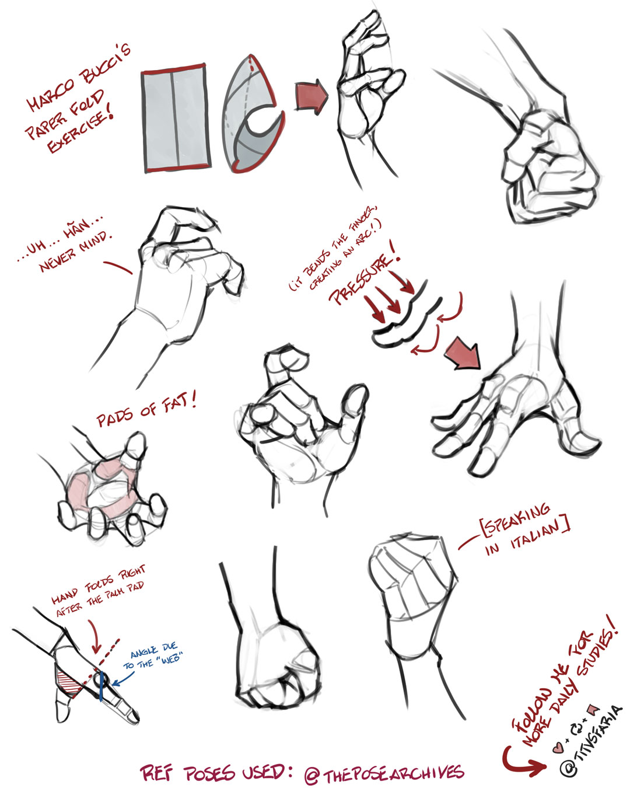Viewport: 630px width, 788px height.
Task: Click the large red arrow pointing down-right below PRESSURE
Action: coord(464,354)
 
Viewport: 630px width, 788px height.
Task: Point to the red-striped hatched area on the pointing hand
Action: coord(69,680)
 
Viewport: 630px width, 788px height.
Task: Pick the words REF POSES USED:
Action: coord(216,773)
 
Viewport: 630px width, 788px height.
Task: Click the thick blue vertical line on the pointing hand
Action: coord(101,686)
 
